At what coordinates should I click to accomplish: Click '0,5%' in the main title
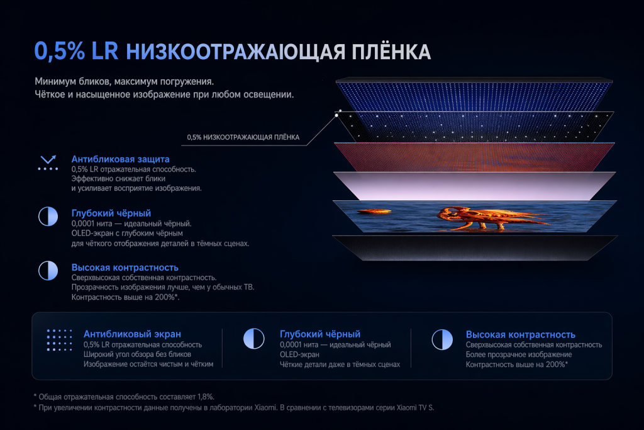[60, 51]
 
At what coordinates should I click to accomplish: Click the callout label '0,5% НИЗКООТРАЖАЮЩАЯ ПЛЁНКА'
[243, 137]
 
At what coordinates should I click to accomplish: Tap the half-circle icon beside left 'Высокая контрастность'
[48, 271]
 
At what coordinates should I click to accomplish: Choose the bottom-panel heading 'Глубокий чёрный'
[319, 334]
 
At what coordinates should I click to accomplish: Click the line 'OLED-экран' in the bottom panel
[301, 354]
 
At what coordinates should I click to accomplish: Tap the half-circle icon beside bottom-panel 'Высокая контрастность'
[441, 339]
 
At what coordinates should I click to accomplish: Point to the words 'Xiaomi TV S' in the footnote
[413, 407]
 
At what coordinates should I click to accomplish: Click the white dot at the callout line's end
[338, 115]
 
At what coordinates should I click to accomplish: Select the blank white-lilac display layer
[472, 184]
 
